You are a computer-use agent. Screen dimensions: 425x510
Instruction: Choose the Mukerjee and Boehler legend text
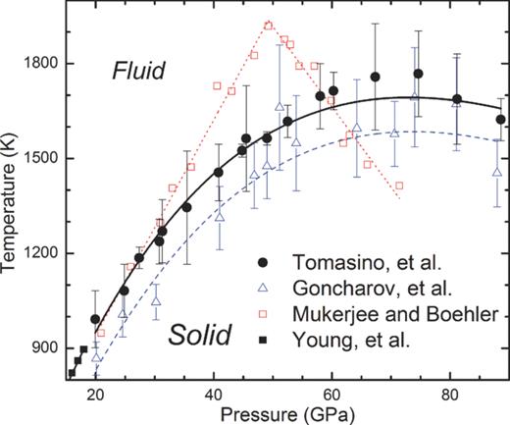(x=379, y=315)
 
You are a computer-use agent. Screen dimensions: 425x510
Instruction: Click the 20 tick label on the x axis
(x=95, y=395)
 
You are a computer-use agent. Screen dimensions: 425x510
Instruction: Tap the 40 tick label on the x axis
(x=214, y=395)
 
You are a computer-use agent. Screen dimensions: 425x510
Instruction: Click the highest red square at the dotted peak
(x=269, y=26)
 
